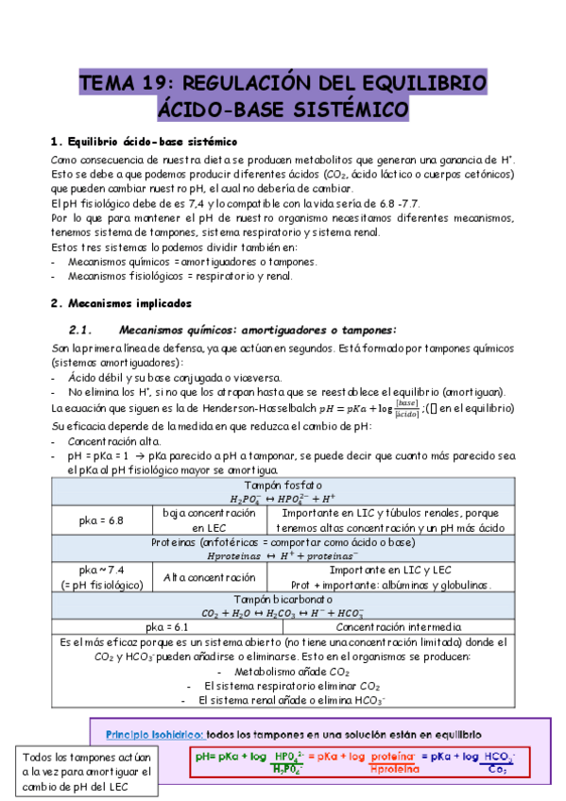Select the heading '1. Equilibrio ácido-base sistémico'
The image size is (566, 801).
(x=144, y=142)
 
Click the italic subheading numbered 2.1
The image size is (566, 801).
(x=233, y=330)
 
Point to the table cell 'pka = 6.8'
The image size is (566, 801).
(x=102, y=520)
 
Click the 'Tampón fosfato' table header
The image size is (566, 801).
(x=283, y=485)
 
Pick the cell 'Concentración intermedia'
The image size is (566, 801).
(x=399, y=625)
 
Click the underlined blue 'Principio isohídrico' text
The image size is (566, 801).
(x=153, y=734)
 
